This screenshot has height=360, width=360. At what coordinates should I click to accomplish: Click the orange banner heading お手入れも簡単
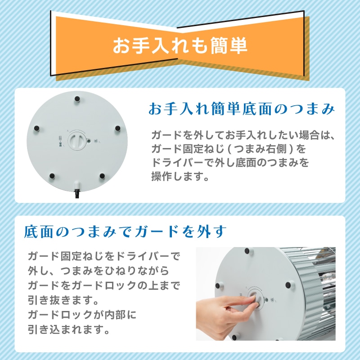pos(180,45)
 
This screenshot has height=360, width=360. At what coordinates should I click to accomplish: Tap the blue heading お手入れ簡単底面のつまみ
pos(242,109)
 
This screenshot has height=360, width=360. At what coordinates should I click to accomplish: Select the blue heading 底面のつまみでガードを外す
pos(126,231)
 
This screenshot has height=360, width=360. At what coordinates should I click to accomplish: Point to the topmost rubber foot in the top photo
pos(77,99)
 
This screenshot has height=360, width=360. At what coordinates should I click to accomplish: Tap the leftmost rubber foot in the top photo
pos(37,128)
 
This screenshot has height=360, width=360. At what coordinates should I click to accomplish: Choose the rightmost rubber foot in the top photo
pos(117,128)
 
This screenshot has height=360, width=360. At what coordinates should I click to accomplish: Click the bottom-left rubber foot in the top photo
pos(52,176)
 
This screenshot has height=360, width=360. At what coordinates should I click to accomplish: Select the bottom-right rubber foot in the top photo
pos(102,176)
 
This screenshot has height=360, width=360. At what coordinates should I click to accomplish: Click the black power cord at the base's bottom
pos(77,193)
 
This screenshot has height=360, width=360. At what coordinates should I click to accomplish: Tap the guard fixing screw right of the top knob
pos(88,141)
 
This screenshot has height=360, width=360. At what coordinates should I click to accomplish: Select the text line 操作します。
pos(180,176)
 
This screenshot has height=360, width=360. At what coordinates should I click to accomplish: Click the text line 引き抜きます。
pos(63,300)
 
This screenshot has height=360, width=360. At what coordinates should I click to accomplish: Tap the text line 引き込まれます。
pos(68,330)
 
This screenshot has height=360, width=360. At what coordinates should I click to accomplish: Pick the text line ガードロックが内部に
pos(82,315)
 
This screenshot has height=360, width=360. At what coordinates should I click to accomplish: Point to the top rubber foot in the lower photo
pos(247,251)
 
